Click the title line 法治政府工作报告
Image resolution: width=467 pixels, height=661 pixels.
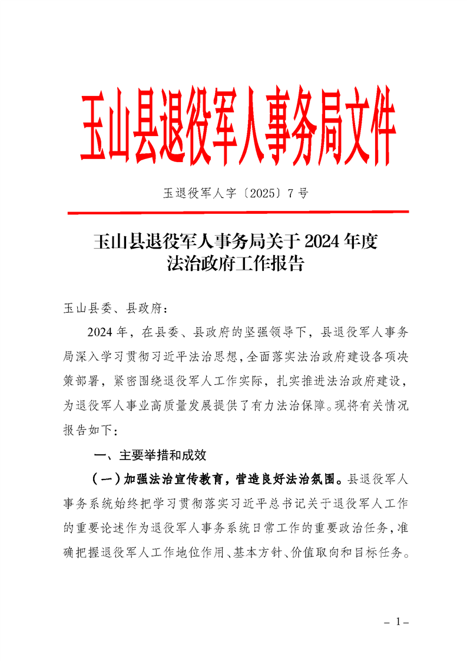[x=234, y=263]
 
